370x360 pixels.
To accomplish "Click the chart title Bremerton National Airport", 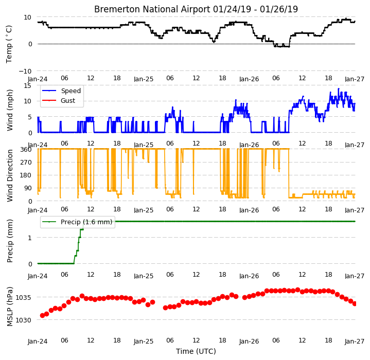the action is [152, 9].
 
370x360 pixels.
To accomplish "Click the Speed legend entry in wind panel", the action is [71, 91].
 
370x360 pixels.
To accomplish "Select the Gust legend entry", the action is [68, 101].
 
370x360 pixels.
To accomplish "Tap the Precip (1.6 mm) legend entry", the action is [86, 222].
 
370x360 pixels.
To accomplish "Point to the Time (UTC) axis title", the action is [196, 351].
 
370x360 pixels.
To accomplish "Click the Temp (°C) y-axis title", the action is [9, 44].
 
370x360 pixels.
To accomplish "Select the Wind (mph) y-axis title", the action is [10, 110].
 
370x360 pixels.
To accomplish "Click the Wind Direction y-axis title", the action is [10, 176].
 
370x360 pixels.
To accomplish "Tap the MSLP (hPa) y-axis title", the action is [10, 307].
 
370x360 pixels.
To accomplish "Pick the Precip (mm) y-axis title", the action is [10, 241].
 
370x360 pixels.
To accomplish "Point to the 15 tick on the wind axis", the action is [27, 85].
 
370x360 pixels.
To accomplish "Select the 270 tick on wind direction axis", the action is [26, 162].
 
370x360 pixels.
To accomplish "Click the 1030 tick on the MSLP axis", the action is [23, 320].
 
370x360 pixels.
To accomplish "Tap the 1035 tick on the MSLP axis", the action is [23, 298].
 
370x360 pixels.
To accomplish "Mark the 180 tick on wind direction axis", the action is [26, 175].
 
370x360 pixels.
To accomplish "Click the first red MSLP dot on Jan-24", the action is [42, 315].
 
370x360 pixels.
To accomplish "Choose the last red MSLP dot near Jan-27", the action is [354, 303].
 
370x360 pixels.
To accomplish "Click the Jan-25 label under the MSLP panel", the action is [144, 341].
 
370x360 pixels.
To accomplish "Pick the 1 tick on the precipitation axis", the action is [30, 238].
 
